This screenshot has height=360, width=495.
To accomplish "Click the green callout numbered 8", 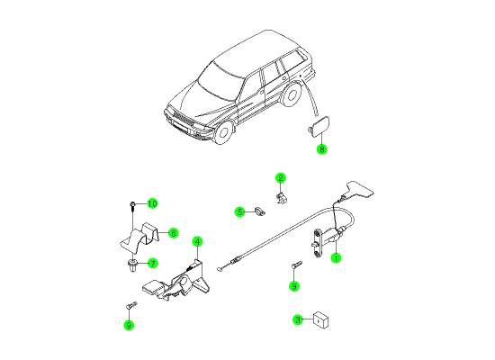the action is [x=321, y=148].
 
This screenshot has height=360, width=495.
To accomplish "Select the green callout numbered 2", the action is [x=280, y=178].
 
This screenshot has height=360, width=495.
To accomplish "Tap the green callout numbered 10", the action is [x=152, y=203].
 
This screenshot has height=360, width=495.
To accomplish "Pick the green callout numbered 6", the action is [x=174, y=233].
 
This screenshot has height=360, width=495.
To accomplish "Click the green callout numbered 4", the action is [x=197, y=242].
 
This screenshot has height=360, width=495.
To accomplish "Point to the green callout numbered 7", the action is [x=153, y=263].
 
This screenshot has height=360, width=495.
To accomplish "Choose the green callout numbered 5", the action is [x=240, y=211].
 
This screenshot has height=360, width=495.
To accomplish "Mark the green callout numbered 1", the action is [x=336, y=258].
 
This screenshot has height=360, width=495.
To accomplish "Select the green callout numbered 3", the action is [x=298, y=319].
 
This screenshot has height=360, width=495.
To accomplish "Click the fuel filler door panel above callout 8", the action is [x=319, y=126].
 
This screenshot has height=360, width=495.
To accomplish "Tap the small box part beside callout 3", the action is [x=320, y=319].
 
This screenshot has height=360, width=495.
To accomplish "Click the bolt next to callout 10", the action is [x=132, y=206].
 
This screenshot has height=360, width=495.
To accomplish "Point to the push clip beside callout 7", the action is [x=132, y=265].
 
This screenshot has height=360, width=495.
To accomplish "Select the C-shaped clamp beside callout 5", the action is [x=259, y=211].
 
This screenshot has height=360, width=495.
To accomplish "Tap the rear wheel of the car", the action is [x=292, y=94].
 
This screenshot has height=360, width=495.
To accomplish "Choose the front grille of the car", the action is [x=181, y=119].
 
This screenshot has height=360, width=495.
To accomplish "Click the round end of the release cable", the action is [x=219, y=269].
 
